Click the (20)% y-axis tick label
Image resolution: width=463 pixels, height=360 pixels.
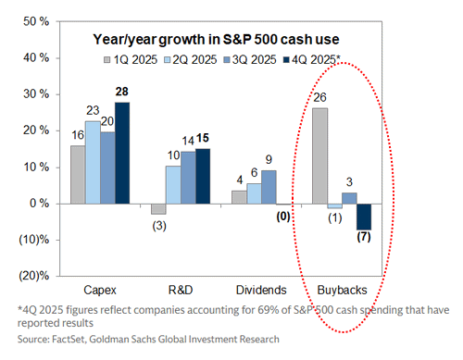(32, 276)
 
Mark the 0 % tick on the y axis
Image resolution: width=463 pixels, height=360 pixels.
(39, 204)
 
